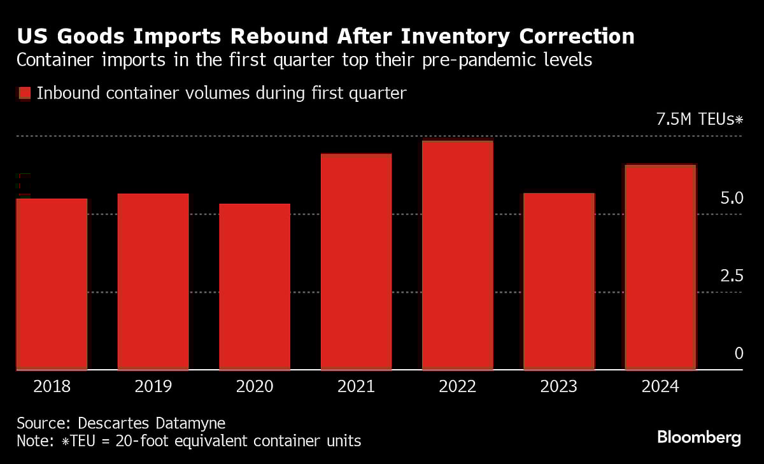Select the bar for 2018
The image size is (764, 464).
(52, 284)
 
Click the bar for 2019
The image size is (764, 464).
(153, 281)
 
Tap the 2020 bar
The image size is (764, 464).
(255, 286)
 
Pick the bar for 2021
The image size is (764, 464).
(356, 262)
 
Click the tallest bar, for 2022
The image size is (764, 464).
(457, 255)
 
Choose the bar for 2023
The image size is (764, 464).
(559, 281)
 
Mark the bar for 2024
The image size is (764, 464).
(660, 267)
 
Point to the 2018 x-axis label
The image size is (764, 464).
(52, 386)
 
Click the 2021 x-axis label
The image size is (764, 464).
(356, 386)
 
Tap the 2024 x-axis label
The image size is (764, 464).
(660, 386)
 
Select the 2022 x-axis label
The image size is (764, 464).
(457, 386)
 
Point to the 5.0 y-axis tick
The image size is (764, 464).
(732, 199)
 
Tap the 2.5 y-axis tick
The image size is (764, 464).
(732, 276)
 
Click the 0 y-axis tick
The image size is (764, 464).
(739, 354)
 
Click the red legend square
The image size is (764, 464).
(24, 94)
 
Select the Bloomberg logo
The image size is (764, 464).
(698, 437)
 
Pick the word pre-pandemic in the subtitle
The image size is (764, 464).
(490, 61)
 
